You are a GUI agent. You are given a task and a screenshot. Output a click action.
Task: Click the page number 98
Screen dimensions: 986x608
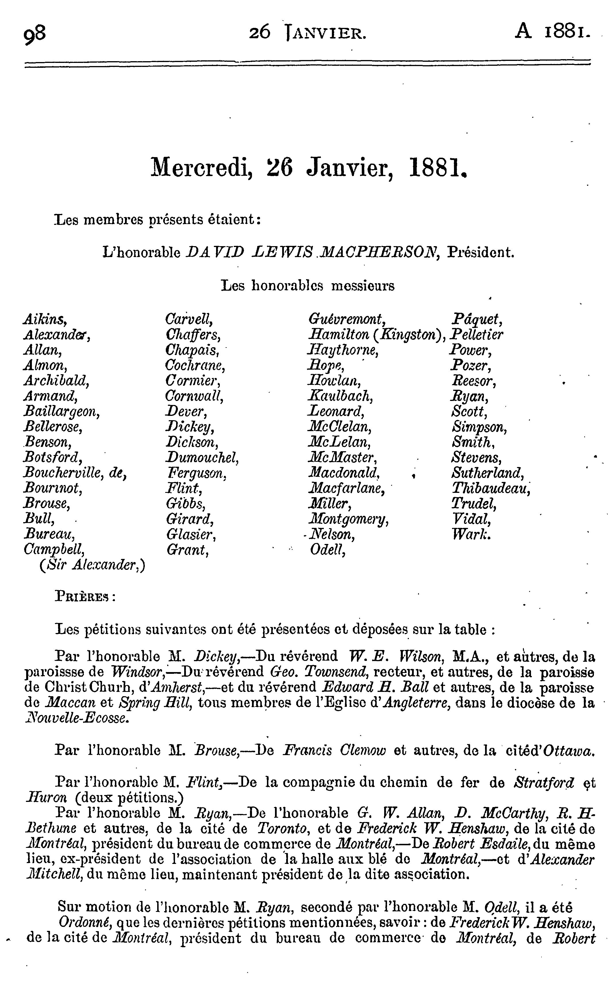pyautogui.click(x=35, y=34)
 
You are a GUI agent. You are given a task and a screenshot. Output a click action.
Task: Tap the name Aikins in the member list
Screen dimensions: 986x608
pyautogui.click(x=45, y=320)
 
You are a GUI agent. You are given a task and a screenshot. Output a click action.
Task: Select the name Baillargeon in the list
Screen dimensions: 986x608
pyautogui.click(x=61, y=412)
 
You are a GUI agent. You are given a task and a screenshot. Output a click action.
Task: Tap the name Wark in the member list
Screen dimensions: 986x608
pyautogui.click(x=470, y=534)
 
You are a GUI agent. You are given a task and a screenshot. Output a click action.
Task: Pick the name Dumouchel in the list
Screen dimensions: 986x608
pyautogui.click(x=202, y=458)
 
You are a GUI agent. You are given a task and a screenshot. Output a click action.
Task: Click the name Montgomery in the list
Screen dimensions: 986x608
pyautogui.click(x=348, y=519)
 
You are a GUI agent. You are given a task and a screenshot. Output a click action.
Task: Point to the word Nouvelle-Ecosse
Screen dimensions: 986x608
pyautogui.click(x=77, y=718)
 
